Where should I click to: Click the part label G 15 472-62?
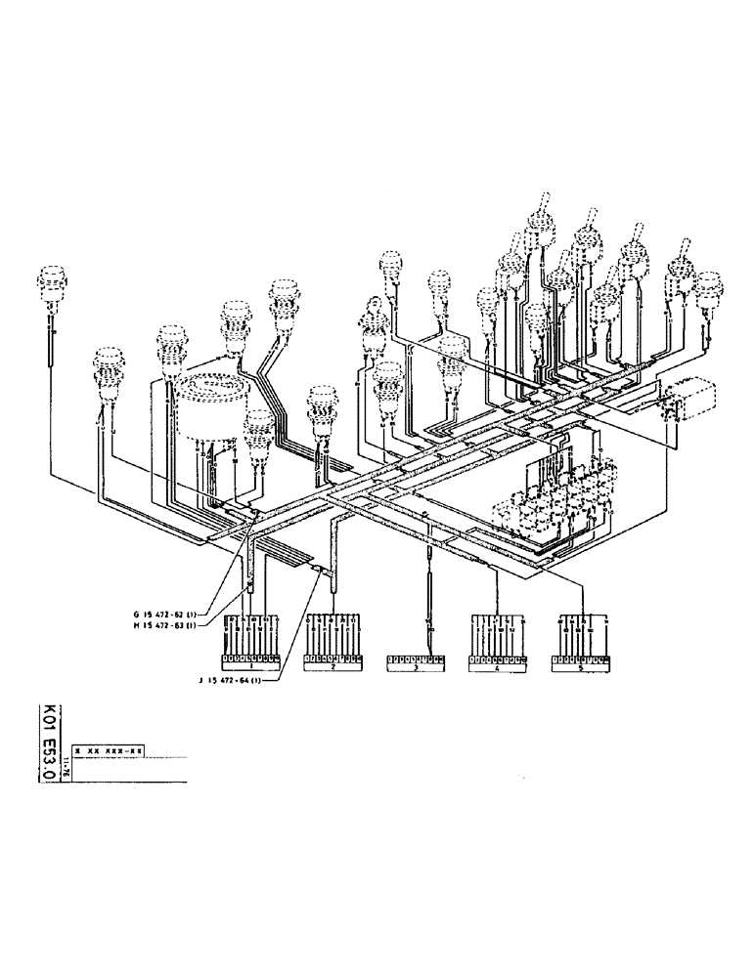(x=166, y=614)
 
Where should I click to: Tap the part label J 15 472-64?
(x=236, y=681)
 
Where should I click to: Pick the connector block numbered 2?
(x=334, y=663)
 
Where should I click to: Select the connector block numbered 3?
(x=416, y=664)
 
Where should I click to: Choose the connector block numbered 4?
(x=499, y=663)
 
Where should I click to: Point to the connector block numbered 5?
(x=581, y=663)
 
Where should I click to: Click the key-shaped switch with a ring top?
(x=372, y=318)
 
